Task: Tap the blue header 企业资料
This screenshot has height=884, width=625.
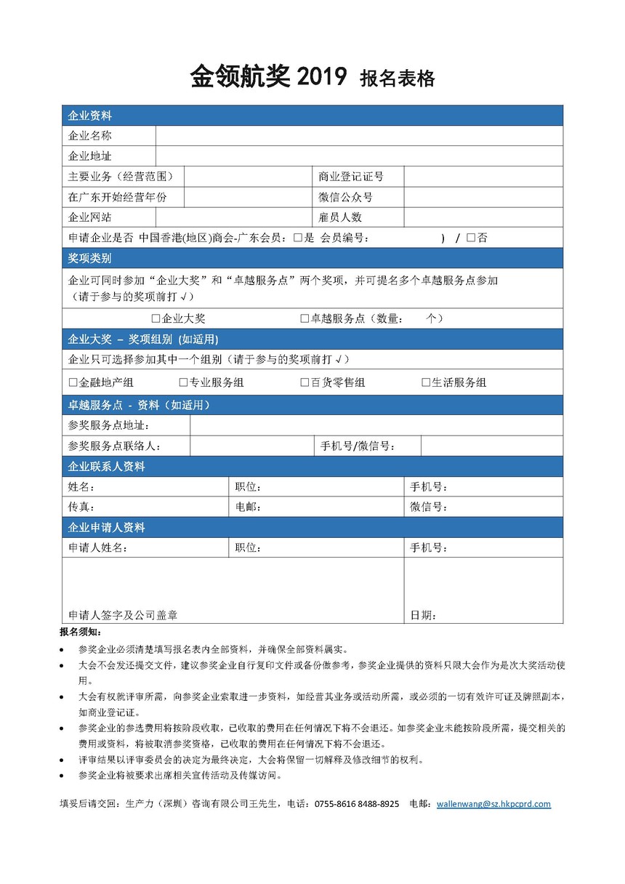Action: click(x=89, y=116)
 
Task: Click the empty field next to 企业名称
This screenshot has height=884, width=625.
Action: click(x=359, y=136)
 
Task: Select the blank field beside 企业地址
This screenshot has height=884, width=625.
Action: click(x=359, y=156)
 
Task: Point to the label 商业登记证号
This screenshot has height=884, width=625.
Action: click(x=351, y=177)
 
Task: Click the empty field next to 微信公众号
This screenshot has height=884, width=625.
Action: click(x=483, y=197)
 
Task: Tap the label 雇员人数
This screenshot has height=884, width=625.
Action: click(x=340, y=217)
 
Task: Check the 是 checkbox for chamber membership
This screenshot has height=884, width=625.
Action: click(x=298, y=238)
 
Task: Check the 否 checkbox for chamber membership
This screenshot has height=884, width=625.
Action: click(x=471, y=238)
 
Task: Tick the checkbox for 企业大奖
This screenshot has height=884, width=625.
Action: click(x=156, y=318)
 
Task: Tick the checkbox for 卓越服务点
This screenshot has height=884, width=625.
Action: click(x=305, y=318)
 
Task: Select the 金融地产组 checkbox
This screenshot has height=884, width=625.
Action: click(x=73, y=382)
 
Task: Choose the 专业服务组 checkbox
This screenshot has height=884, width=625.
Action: click(x=183, y=382)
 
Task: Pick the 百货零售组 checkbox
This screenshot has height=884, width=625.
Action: click(x=305, y=382)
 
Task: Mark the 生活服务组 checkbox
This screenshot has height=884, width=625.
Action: click(x=427, y=382)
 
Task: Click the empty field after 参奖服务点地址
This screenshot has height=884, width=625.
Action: click(x=376, y=425)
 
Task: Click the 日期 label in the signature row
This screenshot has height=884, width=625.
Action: click(x=423, y=616)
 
